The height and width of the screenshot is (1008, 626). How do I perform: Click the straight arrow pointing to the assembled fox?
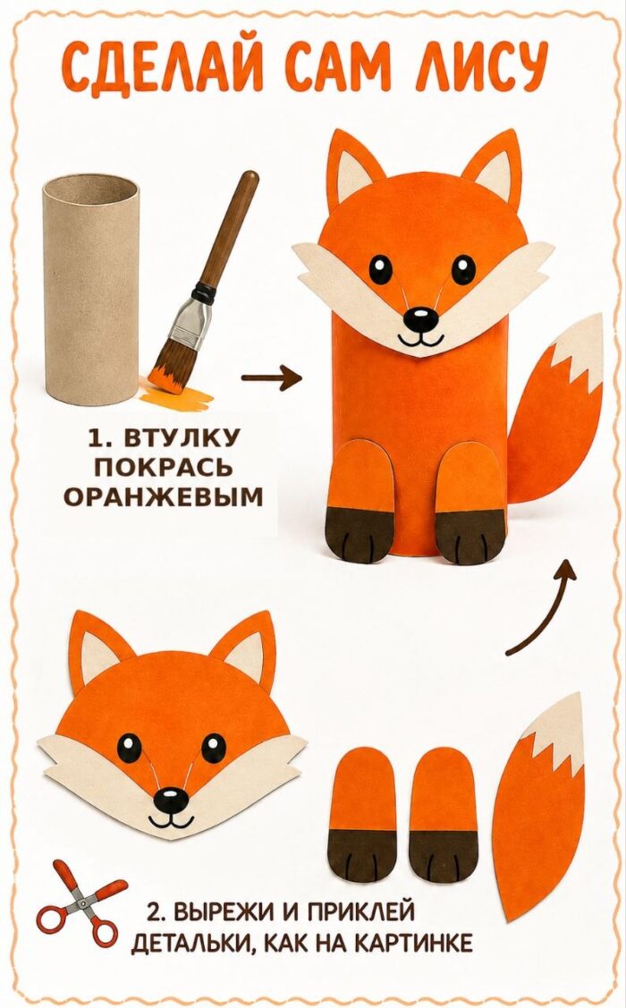pyautogui.click(x=271, y=378)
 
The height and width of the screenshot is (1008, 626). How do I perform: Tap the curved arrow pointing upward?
pyautogui.click(x=541, y=607)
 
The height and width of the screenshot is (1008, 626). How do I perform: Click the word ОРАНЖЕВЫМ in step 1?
pyautogui.click(x=164, y=496)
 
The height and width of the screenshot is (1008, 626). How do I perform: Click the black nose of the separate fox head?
pyautogui.click(x=171, y=799)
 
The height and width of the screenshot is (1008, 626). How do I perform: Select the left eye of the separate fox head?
pyautogui.click(x=129, y=749)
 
